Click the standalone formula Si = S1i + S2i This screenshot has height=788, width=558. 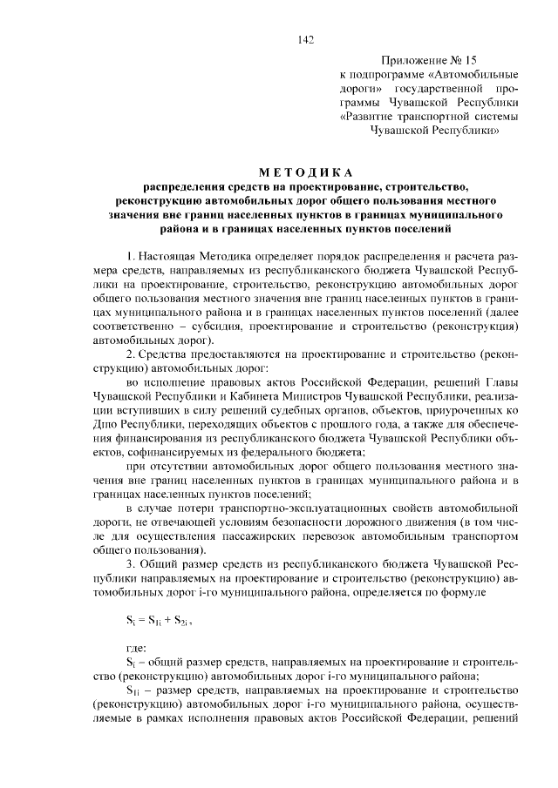(160, 620)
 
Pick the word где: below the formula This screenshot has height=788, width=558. (138, 648)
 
